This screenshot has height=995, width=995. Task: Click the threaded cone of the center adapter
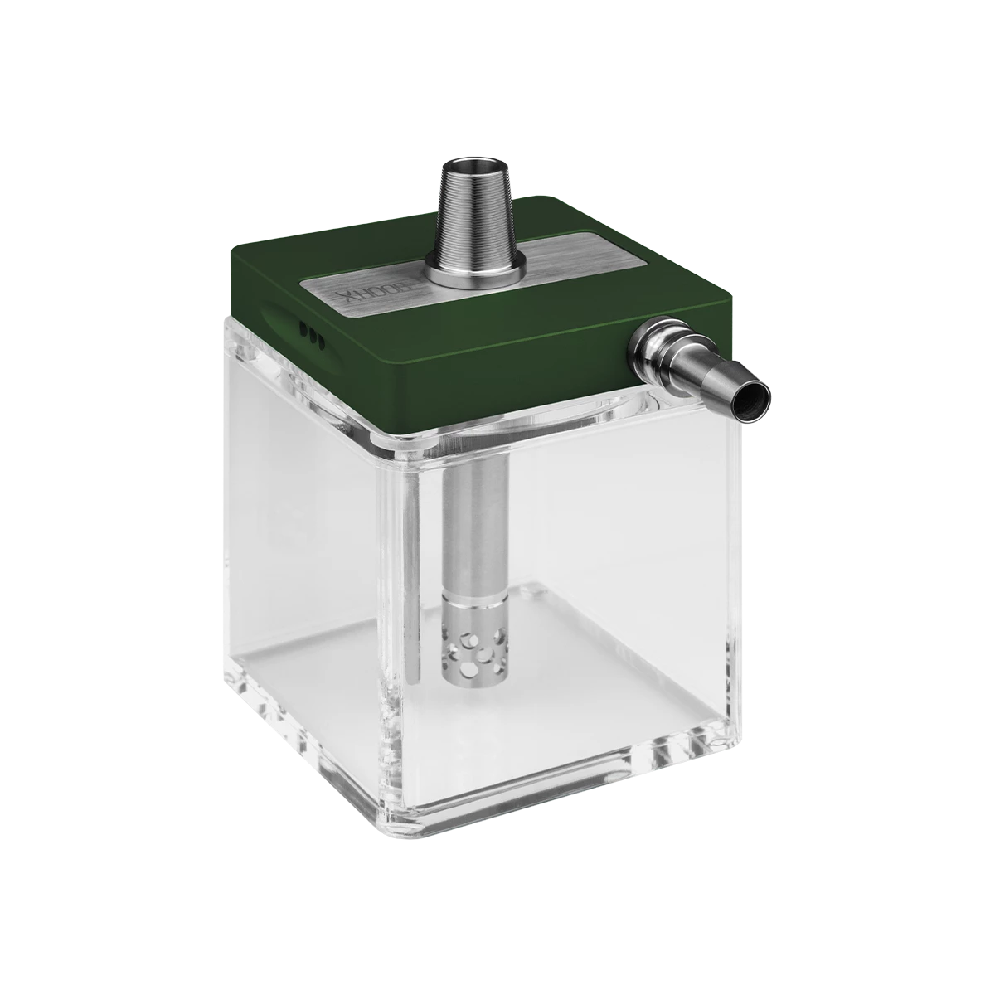473,211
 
